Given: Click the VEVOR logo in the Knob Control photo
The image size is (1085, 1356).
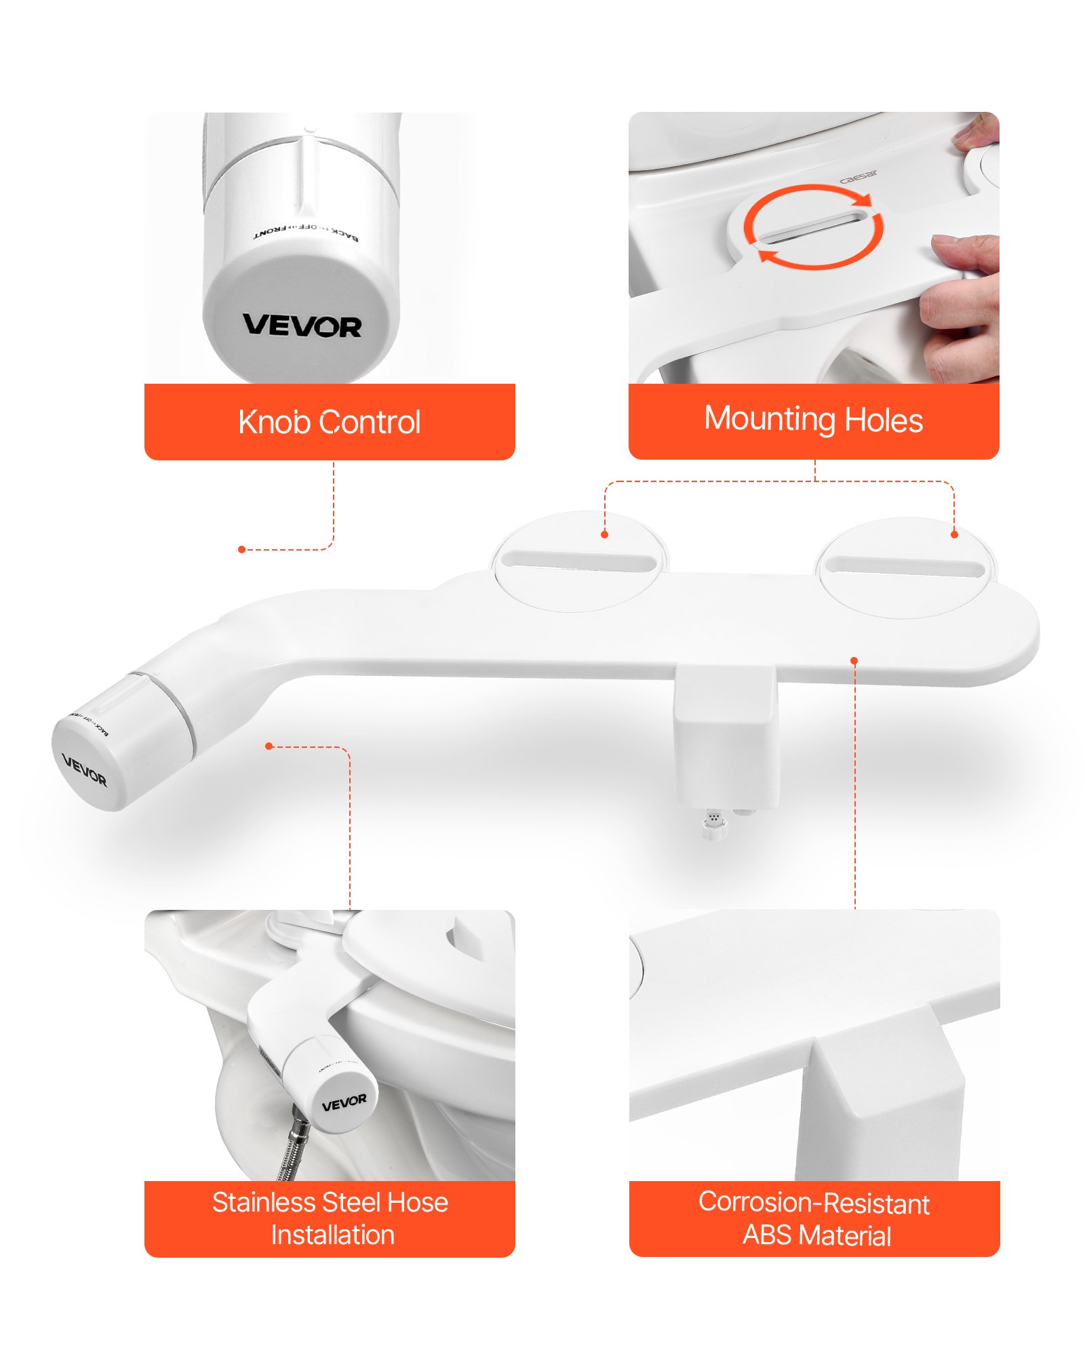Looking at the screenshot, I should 302,325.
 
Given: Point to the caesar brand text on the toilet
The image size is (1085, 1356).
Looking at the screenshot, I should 858,177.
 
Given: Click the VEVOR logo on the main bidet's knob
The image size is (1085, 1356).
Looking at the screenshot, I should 84,769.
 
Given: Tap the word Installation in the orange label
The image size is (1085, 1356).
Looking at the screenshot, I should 332,1235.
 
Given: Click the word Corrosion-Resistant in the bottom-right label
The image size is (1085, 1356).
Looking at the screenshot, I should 813,1202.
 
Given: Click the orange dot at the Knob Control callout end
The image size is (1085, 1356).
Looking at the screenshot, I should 242,549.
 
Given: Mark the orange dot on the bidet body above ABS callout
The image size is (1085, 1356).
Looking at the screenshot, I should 854,660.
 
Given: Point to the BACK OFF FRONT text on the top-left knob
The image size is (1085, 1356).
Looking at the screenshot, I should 306,231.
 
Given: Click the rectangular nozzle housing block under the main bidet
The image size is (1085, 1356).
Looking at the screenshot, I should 725,739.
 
